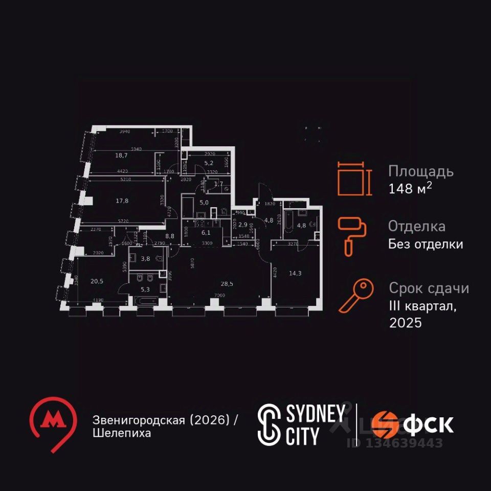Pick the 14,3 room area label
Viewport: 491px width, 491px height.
[295, 273]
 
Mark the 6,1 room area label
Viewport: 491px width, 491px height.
[206, 232]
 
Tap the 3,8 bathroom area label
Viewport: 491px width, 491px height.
[145, 259]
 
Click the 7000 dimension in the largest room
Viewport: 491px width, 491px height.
[220, 295]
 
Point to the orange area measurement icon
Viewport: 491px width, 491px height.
[353, 179]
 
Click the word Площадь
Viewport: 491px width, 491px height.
[420, 171]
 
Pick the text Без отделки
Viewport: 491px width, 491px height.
[426, 244]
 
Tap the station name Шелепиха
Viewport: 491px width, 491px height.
[122, 433]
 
